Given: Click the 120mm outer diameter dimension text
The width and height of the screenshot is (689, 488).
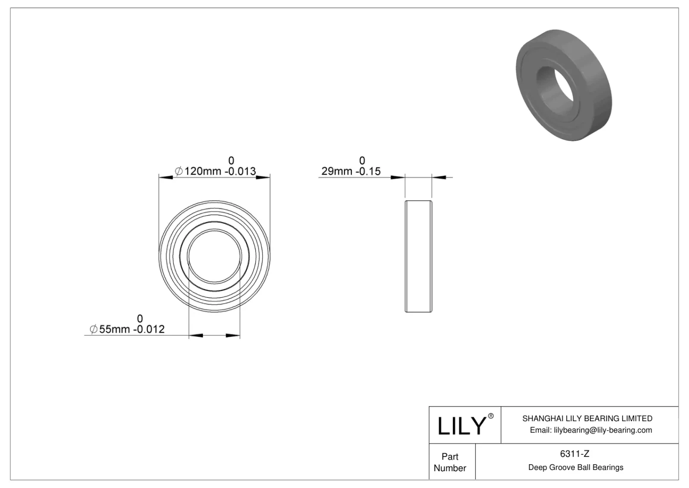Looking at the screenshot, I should coord(202,172).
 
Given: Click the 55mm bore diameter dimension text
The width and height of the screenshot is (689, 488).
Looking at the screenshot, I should coord(115,330).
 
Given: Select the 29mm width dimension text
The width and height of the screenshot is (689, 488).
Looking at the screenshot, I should coord(337,172).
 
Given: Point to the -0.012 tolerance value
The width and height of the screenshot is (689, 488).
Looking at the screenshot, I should coord(149,330).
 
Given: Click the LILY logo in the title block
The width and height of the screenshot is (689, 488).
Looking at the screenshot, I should coord(462,426).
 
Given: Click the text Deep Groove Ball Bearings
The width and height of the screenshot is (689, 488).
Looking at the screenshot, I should coord(575,467).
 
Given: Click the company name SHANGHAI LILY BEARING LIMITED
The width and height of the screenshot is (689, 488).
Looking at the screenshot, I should coord(587,418).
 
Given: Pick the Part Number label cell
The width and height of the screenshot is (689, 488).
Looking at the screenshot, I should coord(450,462).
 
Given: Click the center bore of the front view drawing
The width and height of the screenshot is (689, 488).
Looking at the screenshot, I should coord(214,257).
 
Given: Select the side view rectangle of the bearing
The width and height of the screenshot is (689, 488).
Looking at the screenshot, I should coord(418,257).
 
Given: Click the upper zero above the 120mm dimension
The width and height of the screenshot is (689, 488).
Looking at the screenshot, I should coord(231,161).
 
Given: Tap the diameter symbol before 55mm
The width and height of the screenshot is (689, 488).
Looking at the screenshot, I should coord(93,330).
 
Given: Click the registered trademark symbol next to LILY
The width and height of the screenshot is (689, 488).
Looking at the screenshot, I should coord(490,416).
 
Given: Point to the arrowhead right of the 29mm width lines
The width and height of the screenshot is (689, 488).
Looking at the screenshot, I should coord(439,177).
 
